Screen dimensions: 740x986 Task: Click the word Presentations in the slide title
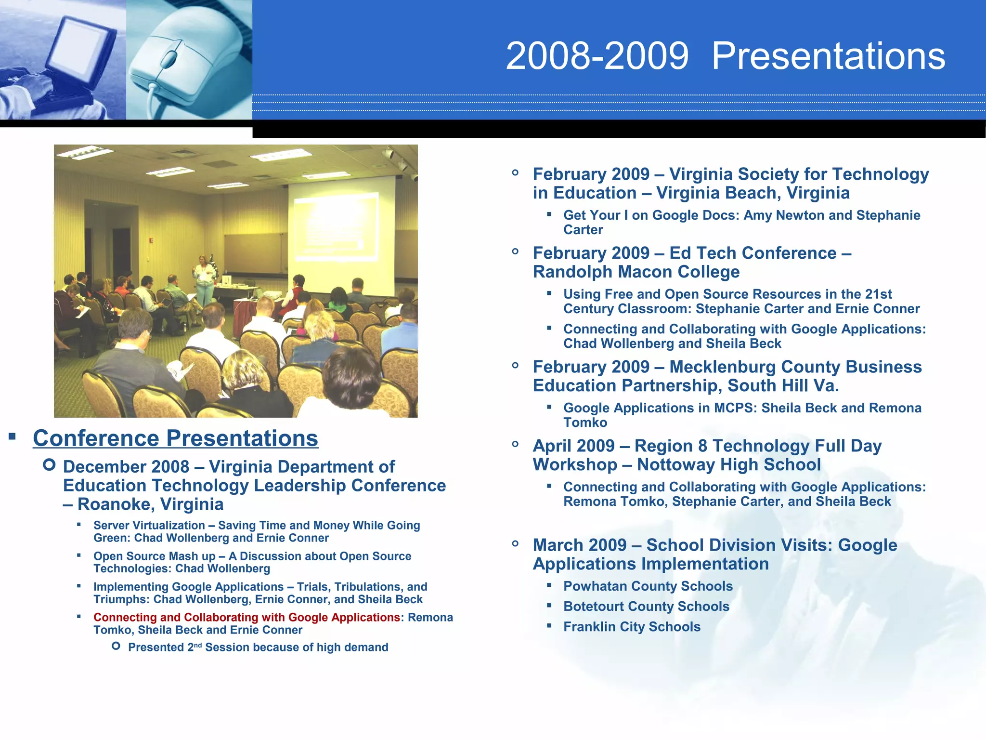coord(828,56)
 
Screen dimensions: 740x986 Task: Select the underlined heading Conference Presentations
coord(175,438)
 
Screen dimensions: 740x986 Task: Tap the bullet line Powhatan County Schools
coord(648,586)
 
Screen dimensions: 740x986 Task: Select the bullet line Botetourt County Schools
coord(646,607)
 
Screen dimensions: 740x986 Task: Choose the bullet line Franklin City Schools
coord(632,627)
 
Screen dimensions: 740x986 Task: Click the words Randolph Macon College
coord(636,272)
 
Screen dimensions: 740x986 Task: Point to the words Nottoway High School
coord(728,465)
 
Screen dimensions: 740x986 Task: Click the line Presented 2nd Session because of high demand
coord(258,647)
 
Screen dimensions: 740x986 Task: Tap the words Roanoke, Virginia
coord(150,504)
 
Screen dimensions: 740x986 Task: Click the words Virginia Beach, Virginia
coord(752,193)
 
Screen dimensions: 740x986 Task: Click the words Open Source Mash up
coord(154,556)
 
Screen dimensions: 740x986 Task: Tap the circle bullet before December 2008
coord(49,465)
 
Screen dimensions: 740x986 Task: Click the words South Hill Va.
coord(783,386)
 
